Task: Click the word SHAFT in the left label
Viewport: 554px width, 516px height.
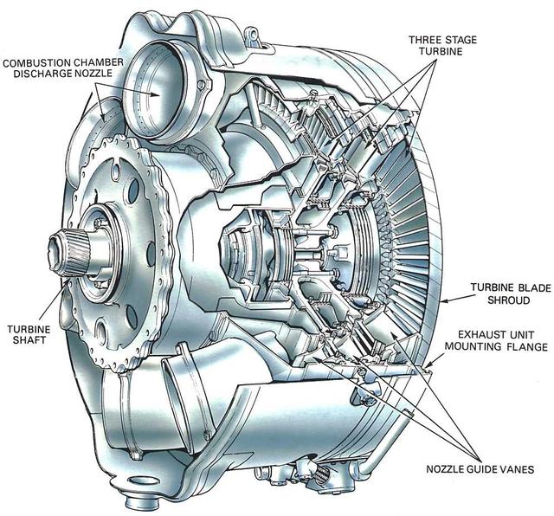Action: pyautogui.click(x=29, y=317)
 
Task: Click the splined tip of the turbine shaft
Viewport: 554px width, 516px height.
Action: pyautogui.click(x=69, y=251)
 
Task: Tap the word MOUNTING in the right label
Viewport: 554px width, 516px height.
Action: pyautogui.click(x=477, y=347)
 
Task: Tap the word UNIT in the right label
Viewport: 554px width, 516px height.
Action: pyautogui.click(x=512, y=333)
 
